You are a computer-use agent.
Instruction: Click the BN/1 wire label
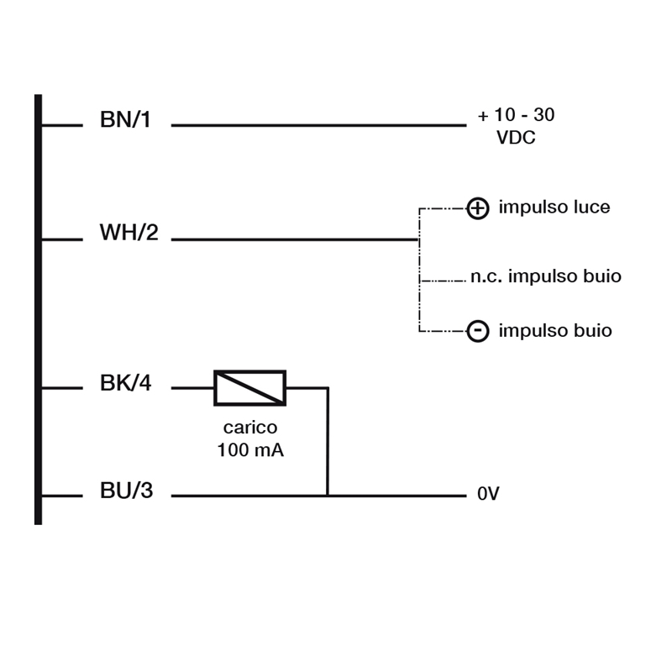coord(125,119)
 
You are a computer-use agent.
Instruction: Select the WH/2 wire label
coord(129,233)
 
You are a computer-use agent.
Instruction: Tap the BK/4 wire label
coord(125,383)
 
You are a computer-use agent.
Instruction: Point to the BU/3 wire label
coord(127,491)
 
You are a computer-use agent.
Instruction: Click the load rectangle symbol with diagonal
coord(249,388)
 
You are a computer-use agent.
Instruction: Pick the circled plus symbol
coord(478,208)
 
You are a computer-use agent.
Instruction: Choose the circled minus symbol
coord(478,331)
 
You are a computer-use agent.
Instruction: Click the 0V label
coord(488,494)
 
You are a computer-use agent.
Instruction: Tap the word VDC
coord(516,138)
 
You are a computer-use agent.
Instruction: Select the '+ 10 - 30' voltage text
coord(517,115)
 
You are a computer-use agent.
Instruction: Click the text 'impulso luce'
coord(554,207)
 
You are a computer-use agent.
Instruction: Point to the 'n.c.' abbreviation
coord(486,277)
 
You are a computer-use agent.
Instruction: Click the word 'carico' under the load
coord(250,428)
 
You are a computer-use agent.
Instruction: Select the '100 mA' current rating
coord(250,450)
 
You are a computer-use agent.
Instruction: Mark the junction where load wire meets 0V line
coord(328,496)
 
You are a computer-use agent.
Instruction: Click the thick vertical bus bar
coord(38,309)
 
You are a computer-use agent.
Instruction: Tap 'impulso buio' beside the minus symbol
coord(555,331)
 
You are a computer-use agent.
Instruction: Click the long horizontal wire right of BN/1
coord(319,125)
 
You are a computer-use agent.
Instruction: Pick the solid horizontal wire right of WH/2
coord(295,239)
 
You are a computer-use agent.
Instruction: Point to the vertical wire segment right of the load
coord(328,442)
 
